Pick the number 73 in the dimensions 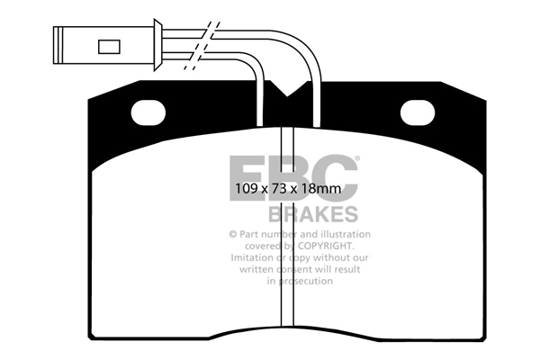point(273,191)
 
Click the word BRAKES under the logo point(312,215)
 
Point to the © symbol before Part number point(231,233)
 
